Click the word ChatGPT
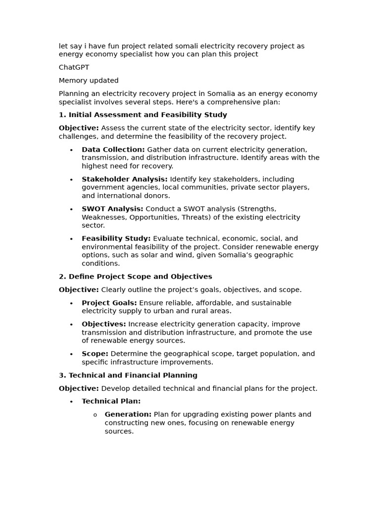[x=74, y=67]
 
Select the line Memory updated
[x=89, y=81]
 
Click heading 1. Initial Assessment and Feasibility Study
[x=142, y=115]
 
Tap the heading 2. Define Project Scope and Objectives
[x=135, y=276]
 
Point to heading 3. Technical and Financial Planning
[x=128, y=375]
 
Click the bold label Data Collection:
[x=113, y=149]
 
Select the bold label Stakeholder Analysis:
[x=124, y=179]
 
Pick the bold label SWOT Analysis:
[x=112, y=209]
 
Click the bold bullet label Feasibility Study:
[x=116, y=238]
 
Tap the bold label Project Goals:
[x=109, y=302]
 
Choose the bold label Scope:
[x=95, y=354]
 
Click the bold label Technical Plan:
[x=111, y=401]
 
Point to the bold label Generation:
[x=128, y=414]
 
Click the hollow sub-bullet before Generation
[x=95, y=415]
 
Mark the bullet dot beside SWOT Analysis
[x=71, y=210]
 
